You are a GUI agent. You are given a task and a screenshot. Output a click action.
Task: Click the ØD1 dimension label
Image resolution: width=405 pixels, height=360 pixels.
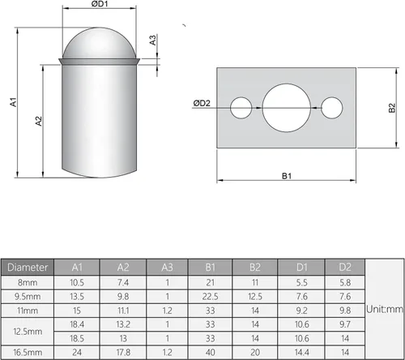(100, 4)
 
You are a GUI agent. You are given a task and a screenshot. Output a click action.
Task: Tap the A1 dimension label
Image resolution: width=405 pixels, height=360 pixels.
(14, 102)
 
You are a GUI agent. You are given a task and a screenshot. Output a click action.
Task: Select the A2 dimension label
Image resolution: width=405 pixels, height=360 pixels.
(39, 121)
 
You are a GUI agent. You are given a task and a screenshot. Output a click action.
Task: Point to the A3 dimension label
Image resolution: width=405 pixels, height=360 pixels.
(153, 40)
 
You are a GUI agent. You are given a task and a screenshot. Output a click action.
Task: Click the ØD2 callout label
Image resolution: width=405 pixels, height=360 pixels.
(202, 103)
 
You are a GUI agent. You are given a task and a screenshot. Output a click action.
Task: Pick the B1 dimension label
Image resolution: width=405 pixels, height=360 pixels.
(287, 176)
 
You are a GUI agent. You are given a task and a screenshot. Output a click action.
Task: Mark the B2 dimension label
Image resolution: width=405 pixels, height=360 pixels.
(392, 108)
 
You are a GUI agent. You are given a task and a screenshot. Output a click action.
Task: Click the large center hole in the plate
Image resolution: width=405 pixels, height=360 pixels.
(287, 108)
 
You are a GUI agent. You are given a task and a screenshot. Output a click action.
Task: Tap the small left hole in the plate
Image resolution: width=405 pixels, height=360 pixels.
(241, 108)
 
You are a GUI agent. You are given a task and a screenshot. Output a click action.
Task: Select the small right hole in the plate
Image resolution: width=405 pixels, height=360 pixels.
(332, 108)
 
